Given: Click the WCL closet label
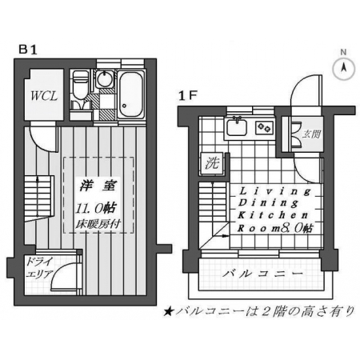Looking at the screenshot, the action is [44, 96].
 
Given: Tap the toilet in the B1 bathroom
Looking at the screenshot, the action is [80, 86].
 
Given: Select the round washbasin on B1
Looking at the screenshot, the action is [104, 78].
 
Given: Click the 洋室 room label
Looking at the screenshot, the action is [98, 186].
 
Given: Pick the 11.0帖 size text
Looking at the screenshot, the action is [96, 208].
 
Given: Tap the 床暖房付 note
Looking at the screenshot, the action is [98, 224].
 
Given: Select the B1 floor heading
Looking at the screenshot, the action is [27, 50].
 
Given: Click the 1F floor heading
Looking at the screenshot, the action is [187, 96].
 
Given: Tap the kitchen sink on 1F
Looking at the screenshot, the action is [237, 127].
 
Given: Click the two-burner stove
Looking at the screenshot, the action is [265, 127].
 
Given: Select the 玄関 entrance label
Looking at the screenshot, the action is [311, 134].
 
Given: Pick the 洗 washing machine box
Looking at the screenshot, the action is [213, 163].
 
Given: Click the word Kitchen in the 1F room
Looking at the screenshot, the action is [273, 215].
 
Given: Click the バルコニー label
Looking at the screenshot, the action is [262, 274].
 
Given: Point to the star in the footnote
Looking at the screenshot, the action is [168, 311].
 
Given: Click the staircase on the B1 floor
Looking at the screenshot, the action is [39, 198].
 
